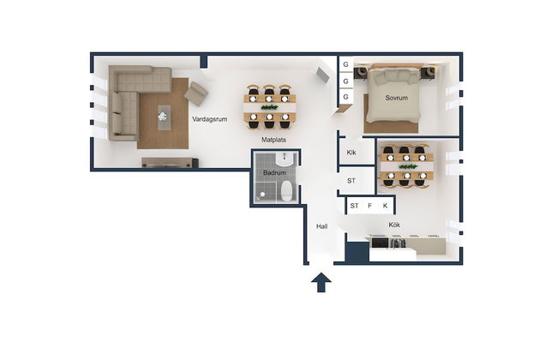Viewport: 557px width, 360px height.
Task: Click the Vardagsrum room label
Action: (210, 119)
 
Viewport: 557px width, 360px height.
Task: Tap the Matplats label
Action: (273, 140)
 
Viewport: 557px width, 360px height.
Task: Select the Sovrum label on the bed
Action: (397, 98)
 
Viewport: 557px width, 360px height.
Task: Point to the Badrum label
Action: (274, 173)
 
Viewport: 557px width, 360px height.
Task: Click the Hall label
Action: (322, 226)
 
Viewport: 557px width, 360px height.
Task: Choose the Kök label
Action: (394, 225)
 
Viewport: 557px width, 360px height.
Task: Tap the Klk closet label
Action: (351, 153)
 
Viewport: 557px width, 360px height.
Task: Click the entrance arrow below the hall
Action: (321, 283)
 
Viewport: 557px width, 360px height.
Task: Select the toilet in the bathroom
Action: (286, 191)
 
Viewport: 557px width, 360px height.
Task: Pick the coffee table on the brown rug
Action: (164, 117)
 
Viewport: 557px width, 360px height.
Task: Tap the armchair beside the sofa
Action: (195, 93)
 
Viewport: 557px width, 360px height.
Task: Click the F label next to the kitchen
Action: (370, 206)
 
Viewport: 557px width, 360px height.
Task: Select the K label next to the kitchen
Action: (385, 206)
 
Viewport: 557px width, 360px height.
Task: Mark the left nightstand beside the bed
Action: (361, 72)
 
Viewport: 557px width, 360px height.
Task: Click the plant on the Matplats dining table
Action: (270, 107)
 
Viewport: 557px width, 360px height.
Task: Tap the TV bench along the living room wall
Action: (170, 162)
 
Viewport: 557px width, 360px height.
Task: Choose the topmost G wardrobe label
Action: (345, 64)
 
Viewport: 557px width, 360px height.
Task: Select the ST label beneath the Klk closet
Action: (351, 181)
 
